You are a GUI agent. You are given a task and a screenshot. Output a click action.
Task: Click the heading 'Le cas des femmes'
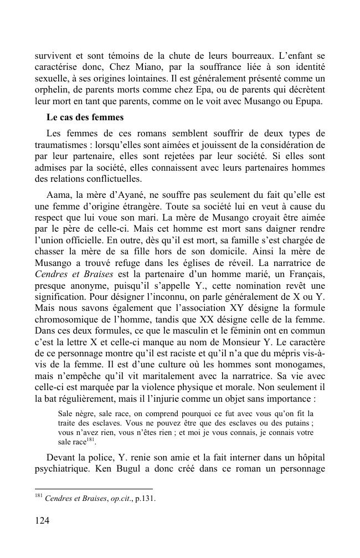click(85, 117)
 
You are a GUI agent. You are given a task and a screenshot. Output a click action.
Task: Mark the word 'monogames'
click(302, 359)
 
